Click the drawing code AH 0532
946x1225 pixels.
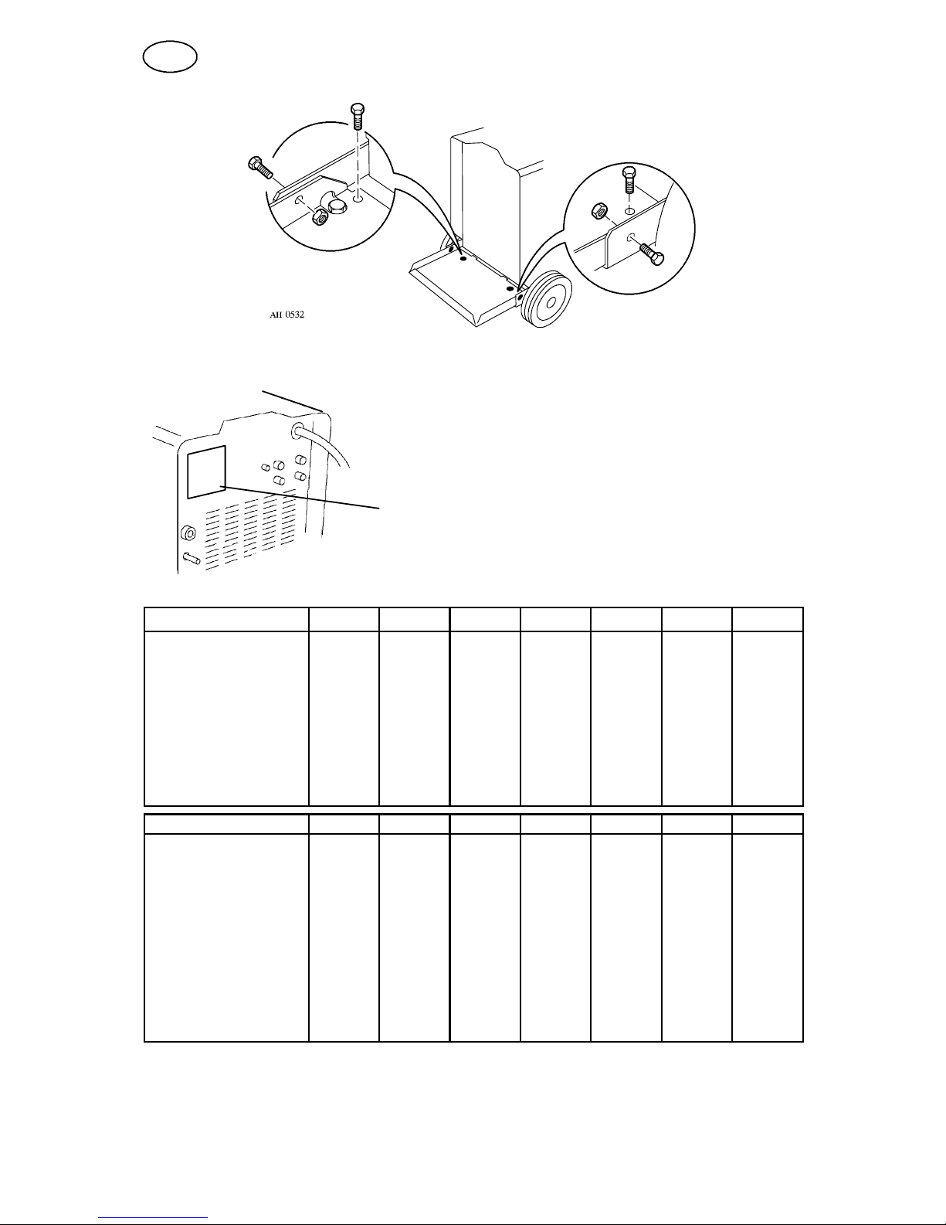[287, 315]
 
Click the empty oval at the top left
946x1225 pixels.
[170, 57]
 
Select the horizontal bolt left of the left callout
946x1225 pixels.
[260, 166]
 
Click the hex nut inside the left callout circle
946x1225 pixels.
[320, 216]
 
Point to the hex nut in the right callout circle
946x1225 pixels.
[599, 212]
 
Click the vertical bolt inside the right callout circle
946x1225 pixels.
[629, 179]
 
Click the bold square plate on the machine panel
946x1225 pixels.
[207, 472]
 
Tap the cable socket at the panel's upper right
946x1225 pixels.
[298, 432]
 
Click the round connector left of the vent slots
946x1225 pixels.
[188, 533]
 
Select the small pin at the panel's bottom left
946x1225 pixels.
[192, 558]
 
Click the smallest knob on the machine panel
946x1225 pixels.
[265, 468]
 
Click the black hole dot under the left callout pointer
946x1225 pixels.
[463, 258]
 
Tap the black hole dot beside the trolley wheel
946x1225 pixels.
[510, 288]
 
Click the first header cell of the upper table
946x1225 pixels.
[226, 619]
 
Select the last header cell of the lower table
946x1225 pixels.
[768, 824]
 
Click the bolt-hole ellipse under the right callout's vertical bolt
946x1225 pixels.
[629, 210]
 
